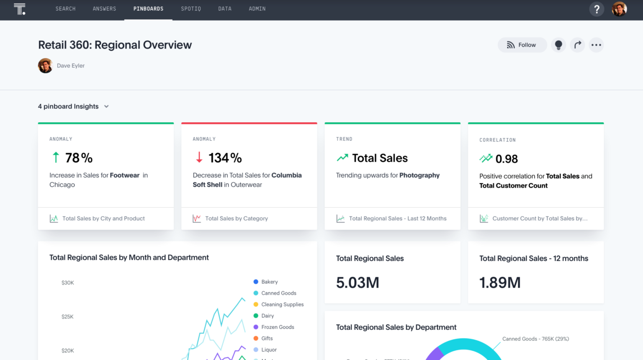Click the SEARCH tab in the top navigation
[65, 9]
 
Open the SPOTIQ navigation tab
[191, 9]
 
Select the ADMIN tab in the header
[257, 9]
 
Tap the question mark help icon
[597, 9]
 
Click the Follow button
[522, 45]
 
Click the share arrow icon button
[578, 45]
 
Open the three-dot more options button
[596, 45]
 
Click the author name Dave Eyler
[71, 66]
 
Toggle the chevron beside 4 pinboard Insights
[106, 106]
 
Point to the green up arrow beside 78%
[56, 157]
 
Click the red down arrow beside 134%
[199, 157]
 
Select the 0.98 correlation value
[507, 159]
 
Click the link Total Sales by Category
[236, 219]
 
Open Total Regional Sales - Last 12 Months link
[397, 219]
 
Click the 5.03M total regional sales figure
[358, 283]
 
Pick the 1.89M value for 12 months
[500, 283]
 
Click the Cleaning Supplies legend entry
[282, 304]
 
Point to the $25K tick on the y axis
[67, 317]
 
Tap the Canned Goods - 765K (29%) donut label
[535, 339]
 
